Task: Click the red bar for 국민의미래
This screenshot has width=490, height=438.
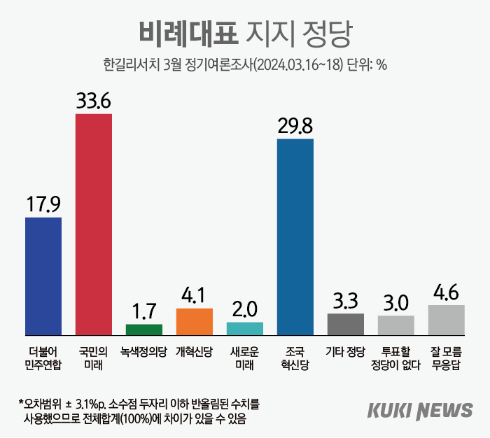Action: coord(93,224)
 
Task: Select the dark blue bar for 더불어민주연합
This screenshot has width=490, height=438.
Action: coord(43,276)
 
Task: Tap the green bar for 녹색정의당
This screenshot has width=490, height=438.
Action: coord(143,330)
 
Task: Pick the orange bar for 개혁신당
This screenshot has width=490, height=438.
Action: coord(194,322)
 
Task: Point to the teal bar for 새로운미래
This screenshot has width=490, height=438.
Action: coord(245,329)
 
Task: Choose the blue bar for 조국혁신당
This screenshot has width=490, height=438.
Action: coord(295,237)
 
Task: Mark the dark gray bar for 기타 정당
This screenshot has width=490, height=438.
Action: coord(346,325)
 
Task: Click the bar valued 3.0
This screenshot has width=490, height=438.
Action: coord(396,325)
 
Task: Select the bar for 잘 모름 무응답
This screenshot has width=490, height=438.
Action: coord(447,320)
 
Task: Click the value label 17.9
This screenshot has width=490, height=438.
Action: coord(43,204)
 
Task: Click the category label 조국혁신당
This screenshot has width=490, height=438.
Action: coord(295,356)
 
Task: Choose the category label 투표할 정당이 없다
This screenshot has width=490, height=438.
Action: coord(396,356)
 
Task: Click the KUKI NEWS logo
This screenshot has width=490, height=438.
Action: coord(419,411)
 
